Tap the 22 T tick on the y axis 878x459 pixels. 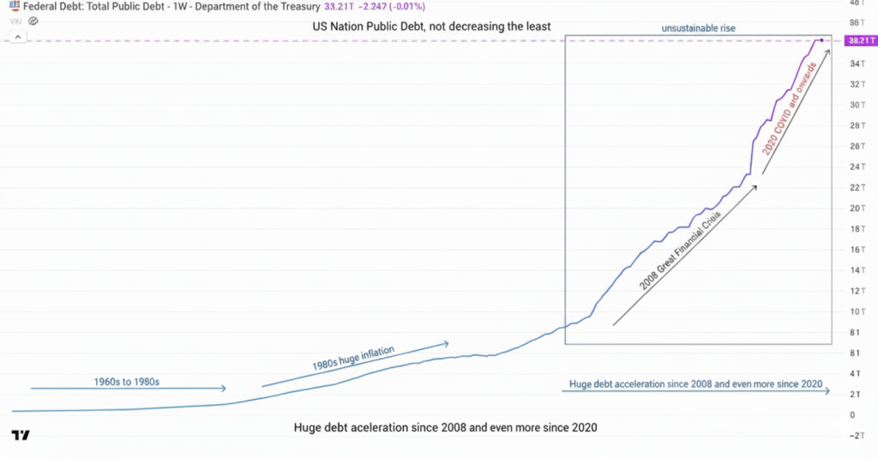point(857,187)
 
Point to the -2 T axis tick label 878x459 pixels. point(857,435)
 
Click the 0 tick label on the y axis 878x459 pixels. point(851,414)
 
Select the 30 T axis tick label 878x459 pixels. point(857,105)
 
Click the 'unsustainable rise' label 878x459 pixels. point(698,28)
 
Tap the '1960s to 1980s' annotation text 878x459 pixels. point(126,381)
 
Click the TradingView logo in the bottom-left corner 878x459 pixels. point(21,435)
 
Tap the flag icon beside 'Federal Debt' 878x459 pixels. point(15,7)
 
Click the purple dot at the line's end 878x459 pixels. point(821,40)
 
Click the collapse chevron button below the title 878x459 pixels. point(18,37)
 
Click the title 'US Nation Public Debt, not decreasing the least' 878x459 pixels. point(432,27)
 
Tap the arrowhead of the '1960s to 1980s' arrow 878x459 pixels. point(223,389)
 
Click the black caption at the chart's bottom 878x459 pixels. point(445,427)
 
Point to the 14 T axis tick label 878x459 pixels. point(857,269)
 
